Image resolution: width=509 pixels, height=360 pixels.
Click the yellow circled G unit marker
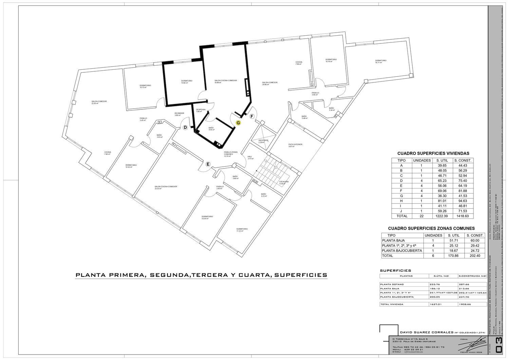(238, 123)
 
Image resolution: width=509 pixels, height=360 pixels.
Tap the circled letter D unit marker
(185, 128)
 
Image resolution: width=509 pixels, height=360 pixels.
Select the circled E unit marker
(208, 164)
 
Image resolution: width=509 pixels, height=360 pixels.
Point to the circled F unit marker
(252, 116)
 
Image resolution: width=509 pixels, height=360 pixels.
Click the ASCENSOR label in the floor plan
(263, 140)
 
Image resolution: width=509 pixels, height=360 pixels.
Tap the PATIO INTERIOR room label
(295, 145)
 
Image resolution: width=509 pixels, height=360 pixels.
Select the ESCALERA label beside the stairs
(284, 182)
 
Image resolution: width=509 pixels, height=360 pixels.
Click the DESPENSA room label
(201, 110)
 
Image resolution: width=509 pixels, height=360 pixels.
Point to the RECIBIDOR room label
(179, 113)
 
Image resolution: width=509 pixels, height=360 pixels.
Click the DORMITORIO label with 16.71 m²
(381, 61)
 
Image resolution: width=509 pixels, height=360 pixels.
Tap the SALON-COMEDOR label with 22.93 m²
(99, 102)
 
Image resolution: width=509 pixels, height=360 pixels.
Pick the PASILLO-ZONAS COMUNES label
(230, 153)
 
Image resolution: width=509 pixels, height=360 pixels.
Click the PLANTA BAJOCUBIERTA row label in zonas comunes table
(402, 251)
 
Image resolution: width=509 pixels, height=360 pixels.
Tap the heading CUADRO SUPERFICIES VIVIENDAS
(433, 154)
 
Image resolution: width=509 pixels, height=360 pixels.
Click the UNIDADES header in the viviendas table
(422, 161)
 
